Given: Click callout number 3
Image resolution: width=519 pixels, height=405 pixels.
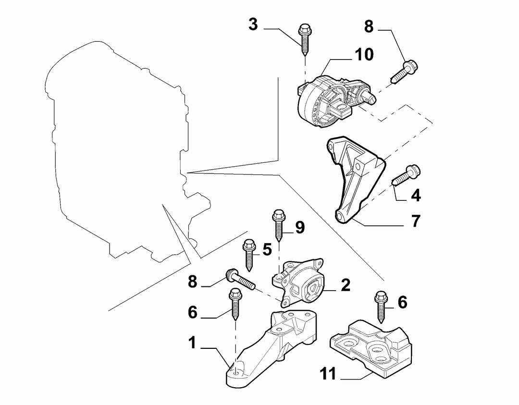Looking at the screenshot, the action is [253, 25].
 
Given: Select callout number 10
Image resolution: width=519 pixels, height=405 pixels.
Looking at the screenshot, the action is [364, 55].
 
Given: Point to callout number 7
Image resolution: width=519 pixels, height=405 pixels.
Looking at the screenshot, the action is [416, 221].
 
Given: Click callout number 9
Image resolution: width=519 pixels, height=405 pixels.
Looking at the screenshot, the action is [300, 227].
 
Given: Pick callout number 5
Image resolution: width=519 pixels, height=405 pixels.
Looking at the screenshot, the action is [267, 249].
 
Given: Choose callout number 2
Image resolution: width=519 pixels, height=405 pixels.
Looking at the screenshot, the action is [345, 285].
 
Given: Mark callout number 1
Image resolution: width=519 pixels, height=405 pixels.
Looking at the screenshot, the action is [192, 343].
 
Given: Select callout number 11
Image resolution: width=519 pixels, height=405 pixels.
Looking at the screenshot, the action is [328, 374].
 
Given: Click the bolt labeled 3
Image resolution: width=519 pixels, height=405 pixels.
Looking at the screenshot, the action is [305, 40].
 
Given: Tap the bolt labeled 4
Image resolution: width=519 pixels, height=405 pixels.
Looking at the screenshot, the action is [406, 175].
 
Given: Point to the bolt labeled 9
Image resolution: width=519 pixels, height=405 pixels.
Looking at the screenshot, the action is [279, 225].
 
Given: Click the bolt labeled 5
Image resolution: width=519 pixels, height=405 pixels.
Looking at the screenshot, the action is [249, 255].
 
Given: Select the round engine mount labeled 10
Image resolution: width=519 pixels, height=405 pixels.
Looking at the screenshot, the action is [334, 101].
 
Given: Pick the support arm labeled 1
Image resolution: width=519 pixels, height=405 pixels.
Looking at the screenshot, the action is [272, 347].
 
